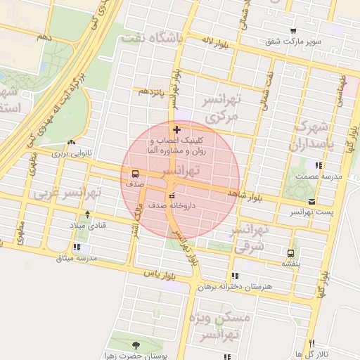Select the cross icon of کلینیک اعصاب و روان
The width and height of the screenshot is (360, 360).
tap(176, 129)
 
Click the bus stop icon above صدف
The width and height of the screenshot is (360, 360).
tap(135, 173)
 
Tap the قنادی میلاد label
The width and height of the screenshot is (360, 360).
tap(86, 225)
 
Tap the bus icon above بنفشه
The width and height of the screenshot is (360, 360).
tap(290, 252)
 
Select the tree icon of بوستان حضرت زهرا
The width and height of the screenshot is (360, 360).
tap(135, 345)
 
